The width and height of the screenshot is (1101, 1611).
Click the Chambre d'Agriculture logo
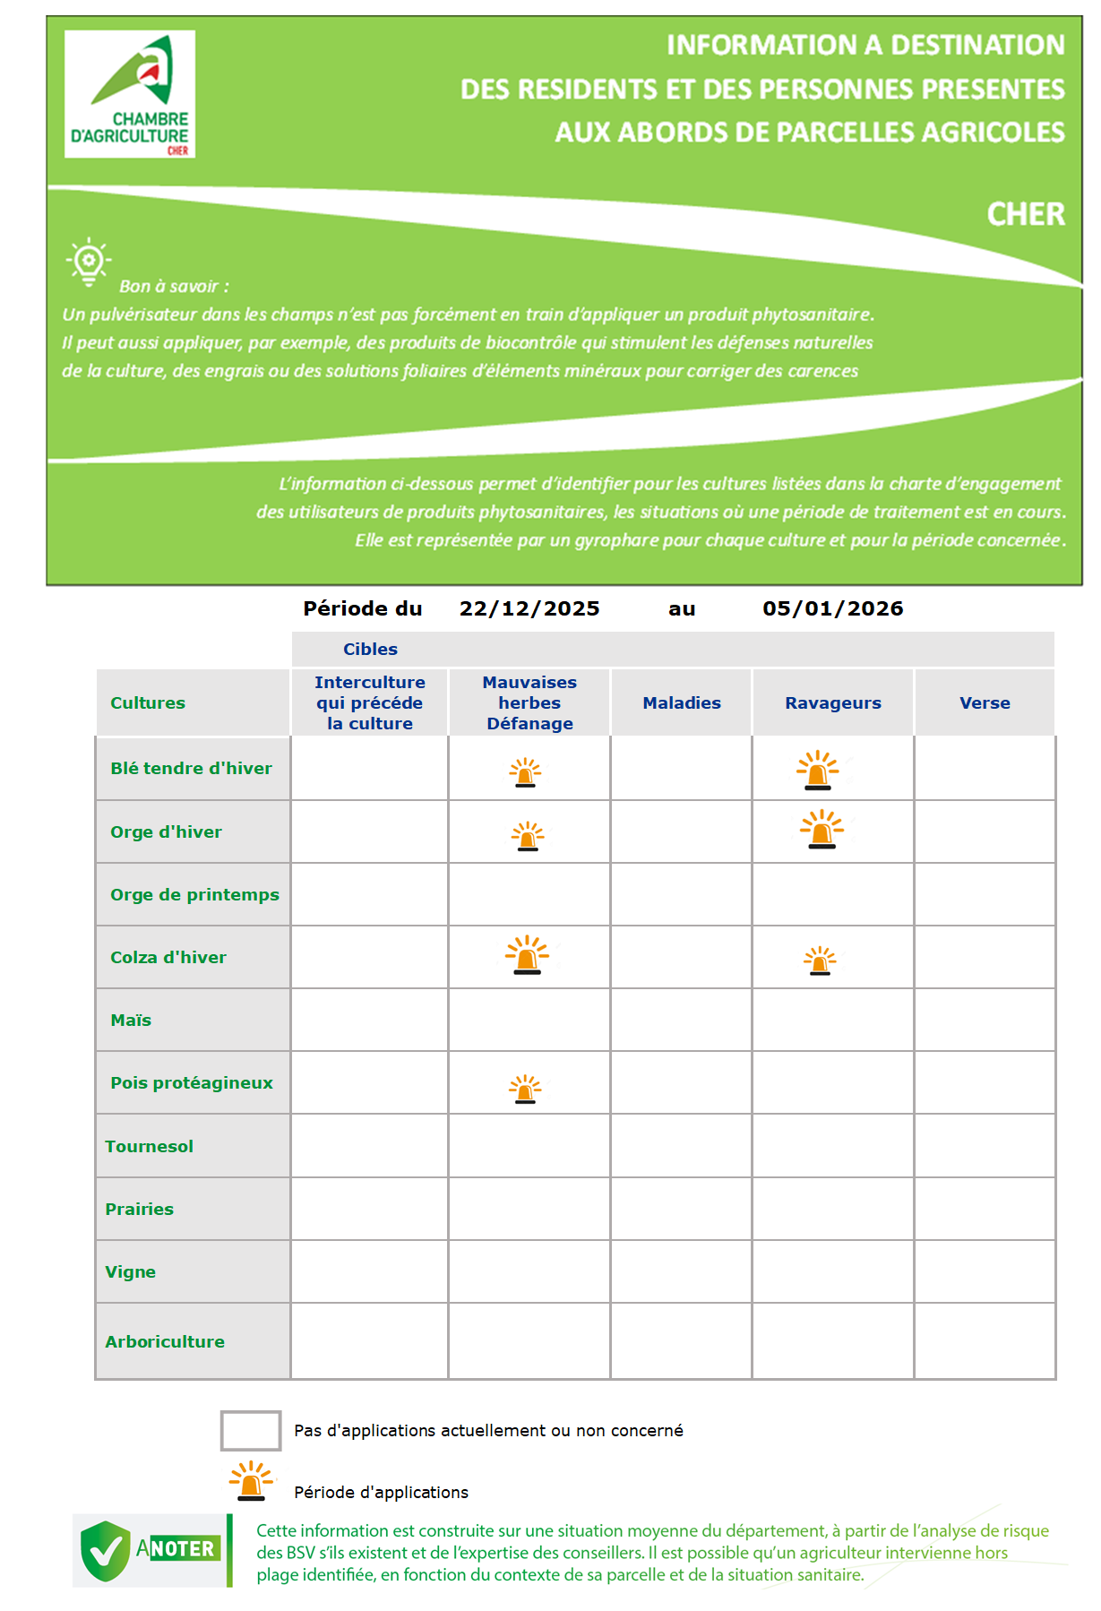coord(130,94)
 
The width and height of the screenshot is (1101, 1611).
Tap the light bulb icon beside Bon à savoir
coord(88,262)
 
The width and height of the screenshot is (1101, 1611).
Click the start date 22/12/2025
coord(529,609)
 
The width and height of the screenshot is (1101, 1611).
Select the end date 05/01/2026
coord(832,609)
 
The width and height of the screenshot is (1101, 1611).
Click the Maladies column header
coord(682,703)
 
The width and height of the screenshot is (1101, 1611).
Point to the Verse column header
coord(985,703)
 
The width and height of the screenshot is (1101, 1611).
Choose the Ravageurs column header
coord(833,703)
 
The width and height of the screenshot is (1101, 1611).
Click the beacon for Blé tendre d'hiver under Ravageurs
coord(818,771)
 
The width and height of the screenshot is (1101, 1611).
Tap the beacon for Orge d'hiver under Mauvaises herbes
coord(528,836)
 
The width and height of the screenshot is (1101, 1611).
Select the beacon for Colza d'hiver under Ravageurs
coord(820,961)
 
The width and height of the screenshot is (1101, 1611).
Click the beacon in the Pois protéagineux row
coord(526,1090)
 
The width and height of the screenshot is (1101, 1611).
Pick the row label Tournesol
coord(149,1147)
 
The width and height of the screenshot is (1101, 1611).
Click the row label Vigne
coord(130,1272)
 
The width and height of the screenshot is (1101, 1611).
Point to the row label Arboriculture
coord(165,1342)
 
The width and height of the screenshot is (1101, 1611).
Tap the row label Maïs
coord(131,1021)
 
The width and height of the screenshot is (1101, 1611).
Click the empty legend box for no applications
coord(251,1430)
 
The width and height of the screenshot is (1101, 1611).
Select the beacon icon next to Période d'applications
coord(252,1481)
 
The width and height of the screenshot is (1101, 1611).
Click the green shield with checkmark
coord(105,1550)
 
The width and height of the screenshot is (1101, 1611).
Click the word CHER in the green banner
coord(1026,215)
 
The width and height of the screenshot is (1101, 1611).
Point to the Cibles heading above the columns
coord(370,650)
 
